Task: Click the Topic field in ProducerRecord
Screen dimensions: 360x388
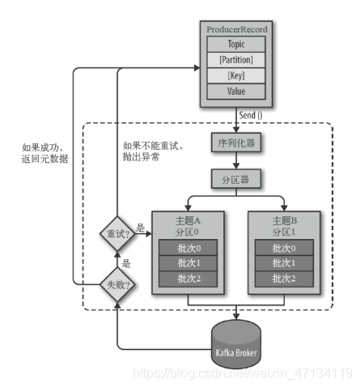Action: (x=236, y=44)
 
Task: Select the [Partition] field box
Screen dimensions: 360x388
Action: (x=236, y=60)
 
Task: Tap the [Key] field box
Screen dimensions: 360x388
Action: (x=236, y=75)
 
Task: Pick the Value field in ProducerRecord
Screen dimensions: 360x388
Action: (x=236, y=92)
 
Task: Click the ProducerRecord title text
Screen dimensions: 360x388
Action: (x=237, y=29)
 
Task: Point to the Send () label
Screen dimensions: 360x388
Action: (x=251, y=115)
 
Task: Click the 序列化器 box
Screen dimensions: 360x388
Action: (x=236, y=143)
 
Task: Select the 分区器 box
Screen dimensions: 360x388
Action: (x=236, y=179)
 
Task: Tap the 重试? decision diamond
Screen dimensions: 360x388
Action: (x=117, y=233)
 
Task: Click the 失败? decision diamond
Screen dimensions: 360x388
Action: (x=117, y=284)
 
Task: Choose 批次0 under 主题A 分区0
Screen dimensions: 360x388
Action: (x=188, y=248)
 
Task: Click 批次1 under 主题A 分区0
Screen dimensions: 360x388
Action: (x=188, y=263)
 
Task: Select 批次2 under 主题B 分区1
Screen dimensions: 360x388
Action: (x=284, y=279)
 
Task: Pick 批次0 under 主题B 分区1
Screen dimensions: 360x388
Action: (x=284, y=248)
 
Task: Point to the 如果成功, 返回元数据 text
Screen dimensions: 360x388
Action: (x=44, y=153)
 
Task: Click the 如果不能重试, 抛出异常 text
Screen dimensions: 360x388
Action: (x=153, y=151)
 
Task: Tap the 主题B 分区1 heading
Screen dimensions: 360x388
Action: (x=284, y=226)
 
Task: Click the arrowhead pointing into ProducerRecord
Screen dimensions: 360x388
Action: (x=197, y=68)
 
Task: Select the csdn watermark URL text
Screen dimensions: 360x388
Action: (x=243, y=373)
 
